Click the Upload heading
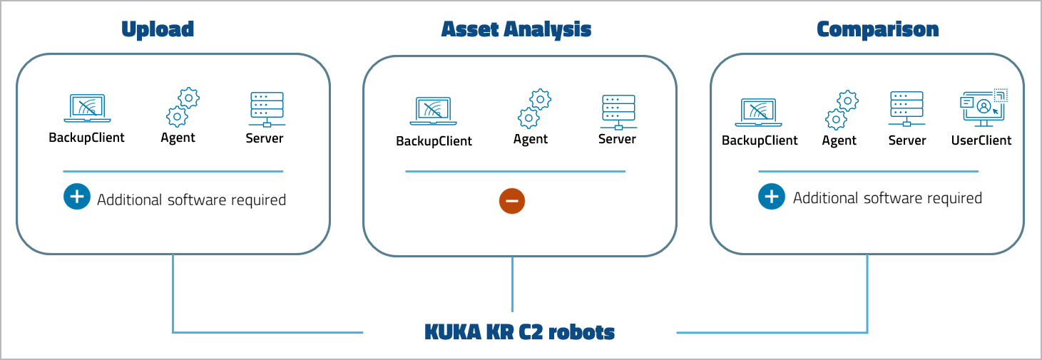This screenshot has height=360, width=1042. tap(158, 29)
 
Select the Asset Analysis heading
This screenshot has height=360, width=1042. tap(516, 29)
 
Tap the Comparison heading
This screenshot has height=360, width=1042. tap(877, 29)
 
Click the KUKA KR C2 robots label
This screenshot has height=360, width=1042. tap(519, 332)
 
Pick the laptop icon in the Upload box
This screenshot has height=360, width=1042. tap(86, 108)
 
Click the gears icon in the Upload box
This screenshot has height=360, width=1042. tap(183, 107)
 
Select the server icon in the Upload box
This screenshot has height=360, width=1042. tap(267, 109)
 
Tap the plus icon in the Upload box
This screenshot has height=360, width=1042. tap(76, 196)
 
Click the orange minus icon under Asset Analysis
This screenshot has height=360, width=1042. tap(512, 201)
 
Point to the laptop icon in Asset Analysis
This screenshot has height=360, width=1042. tap(433, 112)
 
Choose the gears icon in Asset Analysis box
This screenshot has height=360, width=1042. tap(534, 108)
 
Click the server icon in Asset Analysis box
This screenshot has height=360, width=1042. tap(618, 111)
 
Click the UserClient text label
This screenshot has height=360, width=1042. tap(981, 140)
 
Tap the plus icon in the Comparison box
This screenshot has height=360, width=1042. tap(771, 196)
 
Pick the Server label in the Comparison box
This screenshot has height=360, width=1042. tap(907, 140)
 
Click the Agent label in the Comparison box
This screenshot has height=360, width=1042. tap(839, 140)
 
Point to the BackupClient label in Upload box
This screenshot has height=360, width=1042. tap(86, 138)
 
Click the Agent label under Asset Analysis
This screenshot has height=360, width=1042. tap(531, 139)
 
